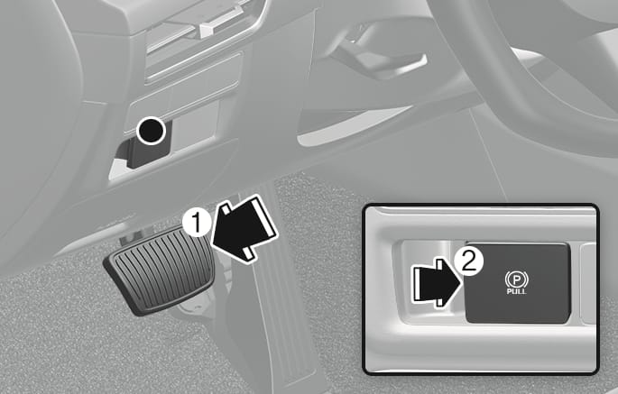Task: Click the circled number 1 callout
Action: pyautogui.click(x=197, y=222)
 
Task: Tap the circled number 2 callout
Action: pyautogui.click(x=468, y=261)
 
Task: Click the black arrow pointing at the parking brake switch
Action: pyautogui.click(x=437, y=282)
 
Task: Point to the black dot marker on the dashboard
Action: pyautogui.click(x=151, y=130)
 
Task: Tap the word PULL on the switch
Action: pyautogui.click(x=517, y=291)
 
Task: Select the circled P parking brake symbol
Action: pyautogui.click(x=517, y=279)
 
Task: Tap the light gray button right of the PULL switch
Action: pyautogui.click(x=588, y=284)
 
